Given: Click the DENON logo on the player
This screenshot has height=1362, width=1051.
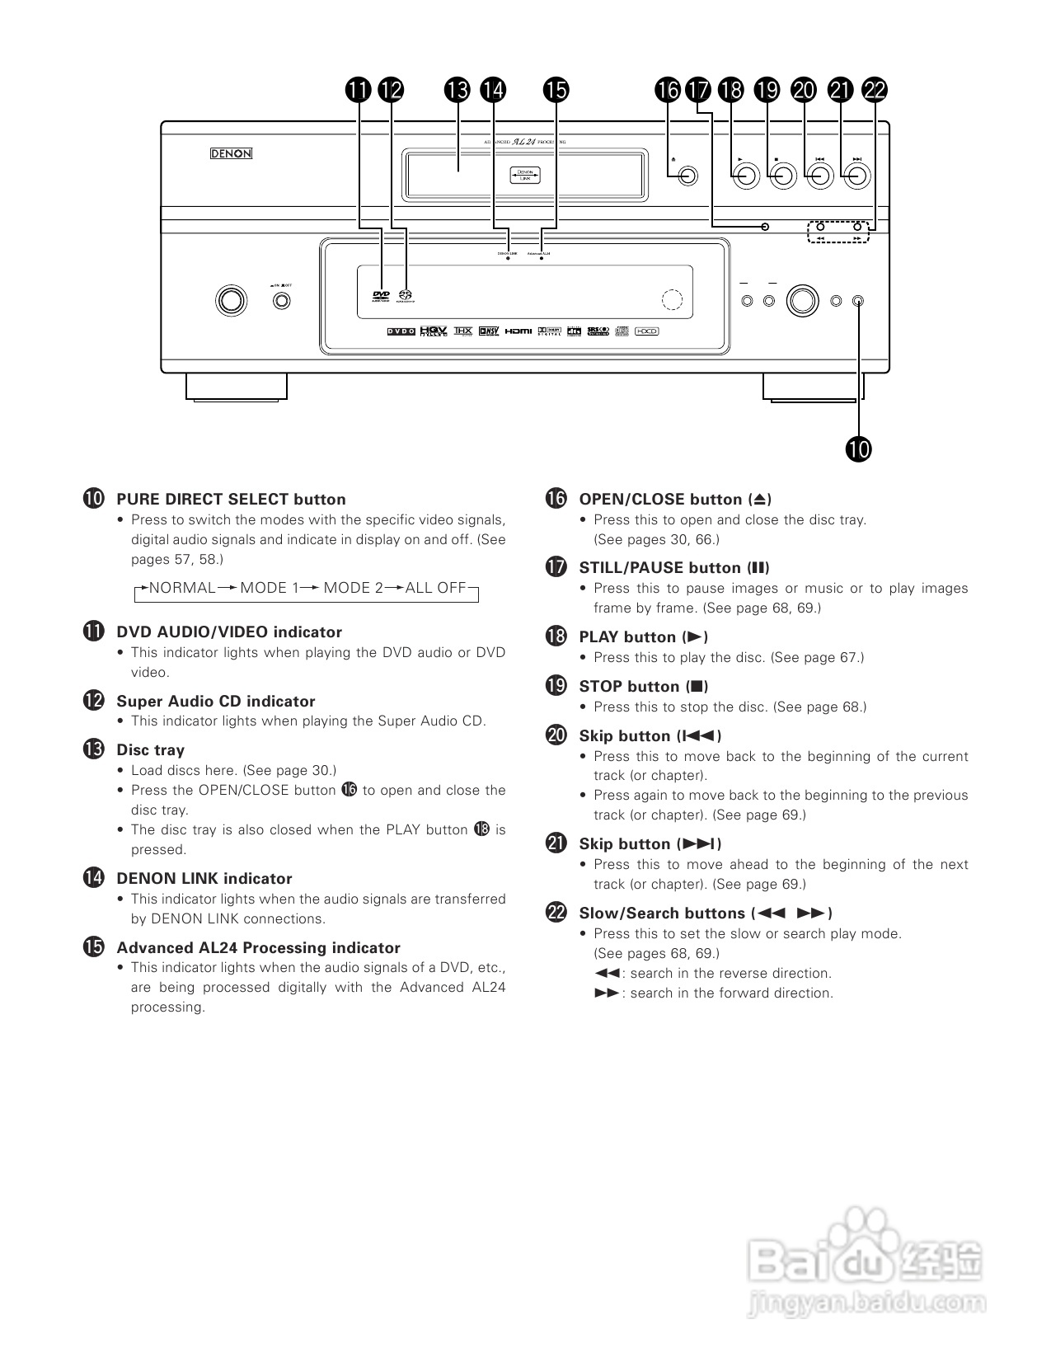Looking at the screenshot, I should (x=231, y=153).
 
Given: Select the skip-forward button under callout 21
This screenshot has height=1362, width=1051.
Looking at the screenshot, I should (x=857, y=175).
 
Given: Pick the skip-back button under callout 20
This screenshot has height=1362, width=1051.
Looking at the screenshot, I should (x=819, y=175).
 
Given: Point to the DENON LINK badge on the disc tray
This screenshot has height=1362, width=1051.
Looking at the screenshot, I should (x=524, y=175).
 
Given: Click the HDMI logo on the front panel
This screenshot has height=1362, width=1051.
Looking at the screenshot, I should (x=518, y=331).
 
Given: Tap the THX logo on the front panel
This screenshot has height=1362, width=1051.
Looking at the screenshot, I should (x=462, y=331).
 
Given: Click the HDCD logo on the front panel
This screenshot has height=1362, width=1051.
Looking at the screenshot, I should (x=646, y=331).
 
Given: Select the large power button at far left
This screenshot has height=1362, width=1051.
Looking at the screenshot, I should (x=231, y=300).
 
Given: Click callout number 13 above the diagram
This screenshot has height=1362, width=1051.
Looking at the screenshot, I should (x=456, y=90).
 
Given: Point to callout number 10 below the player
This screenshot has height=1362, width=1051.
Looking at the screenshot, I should (x=858, y=449).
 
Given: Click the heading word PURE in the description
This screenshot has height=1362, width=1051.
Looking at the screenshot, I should (x=138, y=500).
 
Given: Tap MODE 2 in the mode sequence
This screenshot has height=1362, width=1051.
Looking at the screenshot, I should (x=353, y=588).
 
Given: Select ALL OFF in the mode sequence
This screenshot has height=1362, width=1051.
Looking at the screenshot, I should (x=435, y=588).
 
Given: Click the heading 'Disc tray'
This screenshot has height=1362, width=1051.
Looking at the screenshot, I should (x=151, y=750).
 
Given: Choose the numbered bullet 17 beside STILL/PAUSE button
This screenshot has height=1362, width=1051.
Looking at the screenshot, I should (x=556, y=567).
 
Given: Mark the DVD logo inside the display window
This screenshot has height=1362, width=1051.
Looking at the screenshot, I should (x=381, y=296).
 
